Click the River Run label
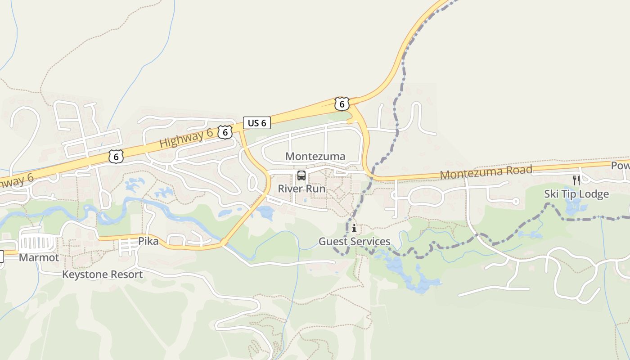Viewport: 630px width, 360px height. click(x=301, y=189)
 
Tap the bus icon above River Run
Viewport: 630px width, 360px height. click(x=301, y=175)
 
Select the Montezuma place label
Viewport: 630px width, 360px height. click(x=315, y=156)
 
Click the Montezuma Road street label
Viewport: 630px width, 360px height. click(x=486, y=172)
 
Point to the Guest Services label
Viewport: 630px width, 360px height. click(x=354, y=242)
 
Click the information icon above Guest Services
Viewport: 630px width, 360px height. click(x=354, y=229)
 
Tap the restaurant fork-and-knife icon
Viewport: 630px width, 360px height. click(x=576, y=180)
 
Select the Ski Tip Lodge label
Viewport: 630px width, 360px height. click(x=576, y=194)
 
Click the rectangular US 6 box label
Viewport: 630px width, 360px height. click(x=257, y=123)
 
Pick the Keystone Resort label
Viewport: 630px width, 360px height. click(x=102, y=274)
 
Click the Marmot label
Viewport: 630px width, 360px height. click(x=39, y=258)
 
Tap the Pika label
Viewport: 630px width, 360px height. click(x=148, y=241)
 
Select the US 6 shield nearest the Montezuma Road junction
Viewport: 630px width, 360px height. click(x=342, y=104)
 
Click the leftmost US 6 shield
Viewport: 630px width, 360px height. click(x=116, y=157)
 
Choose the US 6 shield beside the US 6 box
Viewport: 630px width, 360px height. click(x=225, y=132)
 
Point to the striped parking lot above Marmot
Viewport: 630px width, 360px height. click(x=38, y=243)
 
